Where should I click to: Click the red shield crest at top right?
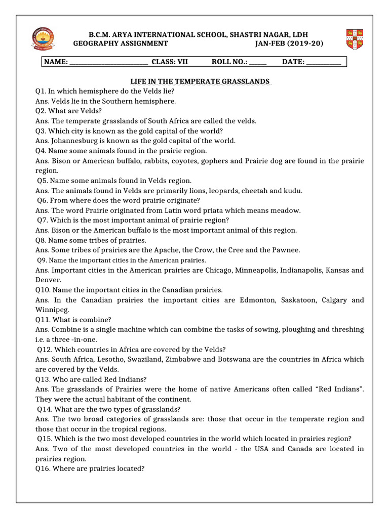click(357, 39)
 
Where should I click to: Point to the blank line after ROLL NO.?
click(258, 63)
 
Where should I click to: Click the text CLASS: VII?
click(170, 62)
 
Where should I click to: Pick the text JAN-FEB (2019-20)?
click(290, 44)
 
